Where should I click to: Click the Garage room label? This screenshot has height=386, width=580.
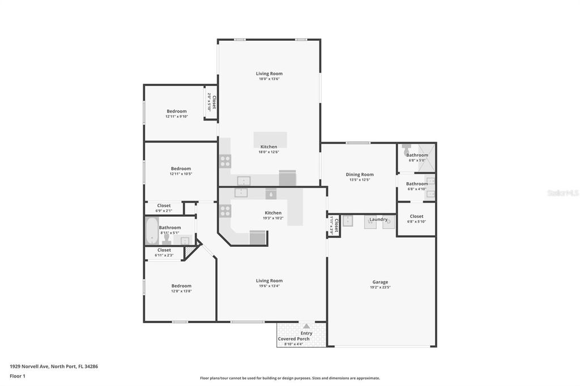[x=380, y=282]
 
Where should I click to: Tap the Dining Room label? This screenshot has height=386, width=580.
[x=360, y=174]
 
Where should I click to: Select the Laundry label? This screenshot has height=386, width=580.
[x=378, y=219]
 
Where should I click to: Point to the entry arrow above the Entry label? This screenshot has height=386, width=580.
[x=306, y=326]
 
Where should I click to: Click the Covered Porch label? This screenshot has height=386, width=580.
[x=293, y=338]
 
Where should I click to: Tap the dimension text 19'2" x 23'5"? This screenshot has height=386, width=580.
[x=380, y=288]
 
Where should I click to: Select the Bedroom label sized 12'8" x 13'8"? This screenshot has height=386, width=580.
[x=181, y=286]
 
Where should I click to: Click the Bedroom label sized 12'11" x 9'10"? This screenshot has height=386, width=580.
[x=176, y=111]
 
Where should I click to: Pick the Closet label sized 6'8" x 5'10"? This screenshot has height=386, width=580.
[x=416, y=216]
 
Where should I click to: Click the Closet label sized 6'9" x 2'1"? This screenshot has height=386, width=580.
[x=164, y=205]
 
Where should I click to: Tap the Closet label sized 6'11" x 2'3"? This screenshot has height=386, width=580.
[x=164, y=250]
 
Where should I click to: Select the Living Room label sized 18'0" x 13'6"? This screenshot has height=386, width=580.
[x=269, y=74]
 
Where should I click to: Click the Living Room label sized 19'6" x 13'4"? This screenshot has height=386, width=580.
[x=269, y=281]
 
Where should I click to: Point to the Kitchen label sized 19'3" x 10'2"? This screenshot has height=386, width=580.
[x=272, y=213]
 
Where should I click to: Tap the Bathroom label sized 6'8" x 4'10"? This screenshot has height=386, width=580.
[x=417, y=183]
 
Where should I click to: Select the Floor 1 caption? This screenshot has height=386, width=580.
[x=17, y=376]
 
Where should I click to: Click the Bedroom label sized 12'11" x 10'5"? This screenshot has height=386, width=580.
[x=181, y=169]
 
